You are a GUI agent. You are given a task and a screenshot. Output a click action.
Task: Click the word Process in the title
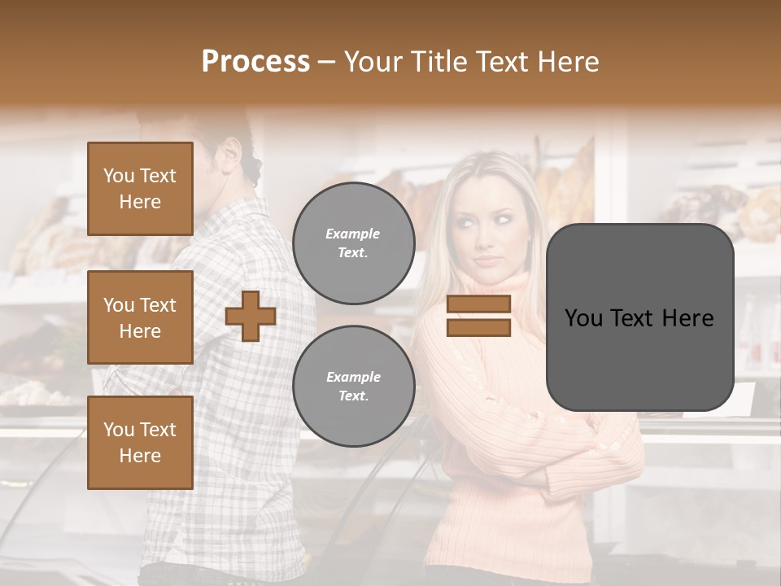[x=255, y=62]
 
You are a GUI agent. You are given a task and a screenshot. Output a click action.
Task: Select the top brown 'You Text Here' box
[x=140, y=189]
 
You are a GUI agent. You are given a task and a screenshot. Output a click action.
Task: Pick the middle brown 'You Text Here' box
[x=140, y=317]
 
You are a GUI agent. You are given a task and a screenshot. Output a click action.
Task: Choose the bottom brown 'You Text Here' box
[x=140, y=443]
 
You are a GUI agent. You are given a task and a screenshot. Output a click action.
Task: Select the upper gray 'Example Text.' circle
[x=353, y=243]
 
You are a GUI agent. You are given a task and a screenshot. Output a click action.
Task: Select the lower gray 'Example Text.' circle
[x=353, y=386]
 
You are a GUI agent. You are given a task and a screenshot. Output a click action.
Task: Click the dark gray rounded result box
[x=639, y=317]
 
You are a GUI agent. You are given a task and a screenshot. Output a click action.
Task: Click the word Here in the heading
[x=567, y=62]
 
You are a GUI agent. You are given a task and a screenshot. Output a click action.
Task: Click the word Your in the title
[x=372, y=62]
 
